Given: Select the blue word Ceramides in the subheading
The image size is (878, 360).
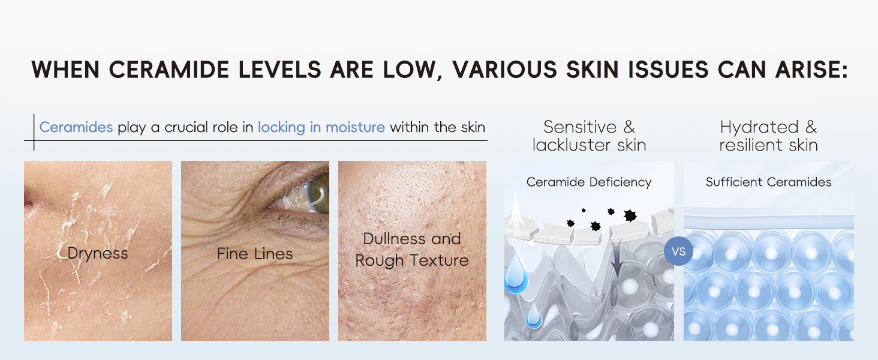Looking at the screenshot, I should point(76,127).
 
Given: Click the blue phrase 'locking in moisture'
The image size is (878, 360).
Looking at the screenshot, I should point(321,127).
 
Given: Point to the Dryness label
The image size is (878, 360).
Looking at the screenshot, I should point(98,253).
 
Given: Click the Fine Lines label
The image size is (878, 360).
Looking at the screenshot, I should point(255,254).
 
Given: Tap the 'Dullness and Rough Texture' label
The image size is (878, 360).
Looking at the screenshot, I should point(412,250).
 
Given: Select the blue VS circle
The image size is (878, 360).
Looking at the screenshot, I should point(678,251).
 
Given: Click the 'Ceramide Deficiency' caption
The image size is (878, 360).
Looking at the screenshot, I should point(589,182).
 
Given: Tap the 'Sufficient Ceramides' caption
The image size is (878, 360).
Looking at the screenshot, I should point(768,182).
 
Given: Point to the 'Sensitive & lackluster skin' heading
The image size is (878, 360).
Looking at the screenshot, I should point(589,136).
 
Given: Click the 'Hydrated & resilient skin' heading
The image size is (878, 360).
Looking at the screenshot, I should point(768,136).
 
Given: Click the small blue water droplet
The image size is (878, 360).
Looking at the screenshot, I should point(533,318).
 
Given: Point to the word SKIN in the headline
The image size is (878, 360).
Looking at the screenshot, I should point(593,70).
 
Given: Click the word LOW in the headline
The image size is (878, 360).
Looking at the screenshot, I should point(413,70).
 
